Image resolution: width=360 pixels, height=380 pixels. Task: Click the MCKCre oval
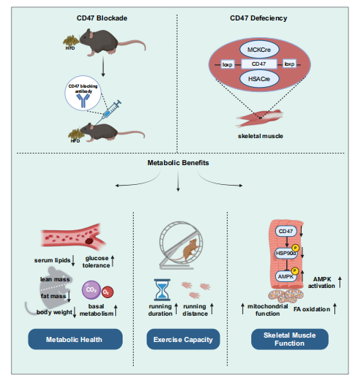click(259, 50)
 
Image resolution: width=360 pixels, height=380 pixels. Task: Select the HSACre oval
click(259, 79)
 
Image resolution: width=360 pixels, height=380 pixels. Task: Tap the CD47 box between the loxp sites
click(259, 64)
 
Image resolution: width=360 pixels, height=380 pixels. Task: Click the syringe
click(110, 110)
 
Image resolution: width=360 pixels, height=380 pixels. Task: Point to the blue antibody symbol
click(83, 101)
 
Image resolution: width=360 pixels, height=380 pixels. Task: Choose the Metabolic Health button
click(75, 339)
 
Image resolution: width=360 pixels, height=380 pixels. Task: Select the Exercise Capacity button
click(183, 339)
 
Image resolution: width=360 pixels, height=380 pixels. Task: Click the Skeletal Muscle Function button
click(290, 339)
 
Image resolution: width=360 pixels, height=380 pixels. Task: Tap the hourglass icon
click(162, 290)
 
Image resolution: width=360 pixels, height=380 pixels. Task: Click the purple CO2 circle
click(91, 290)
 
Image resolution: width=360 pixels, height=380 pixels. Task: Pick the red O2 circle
click(107, 292)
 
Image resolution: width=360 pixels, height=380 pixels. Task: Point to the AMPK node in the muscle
click(286, 276)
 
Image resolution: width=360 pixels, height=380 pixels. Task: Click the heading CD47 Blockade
click(102, 18)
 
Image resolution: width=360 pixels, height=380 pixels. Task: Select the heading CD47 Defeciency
click(258, 18)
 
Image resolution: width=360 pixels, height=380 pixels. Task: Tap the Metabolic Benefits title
click(178, 163)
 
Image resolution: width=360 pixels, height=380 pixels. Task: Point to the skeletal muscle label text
click(261, 136)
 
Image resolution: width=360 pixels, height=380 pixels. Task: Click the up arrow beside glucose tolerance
click(112, 261)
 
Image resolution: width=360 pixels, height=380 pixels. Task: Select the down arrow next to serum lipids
click(73, 261)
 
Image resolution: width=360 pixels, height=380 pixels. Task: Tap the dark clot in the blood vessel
click(89, 241)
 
